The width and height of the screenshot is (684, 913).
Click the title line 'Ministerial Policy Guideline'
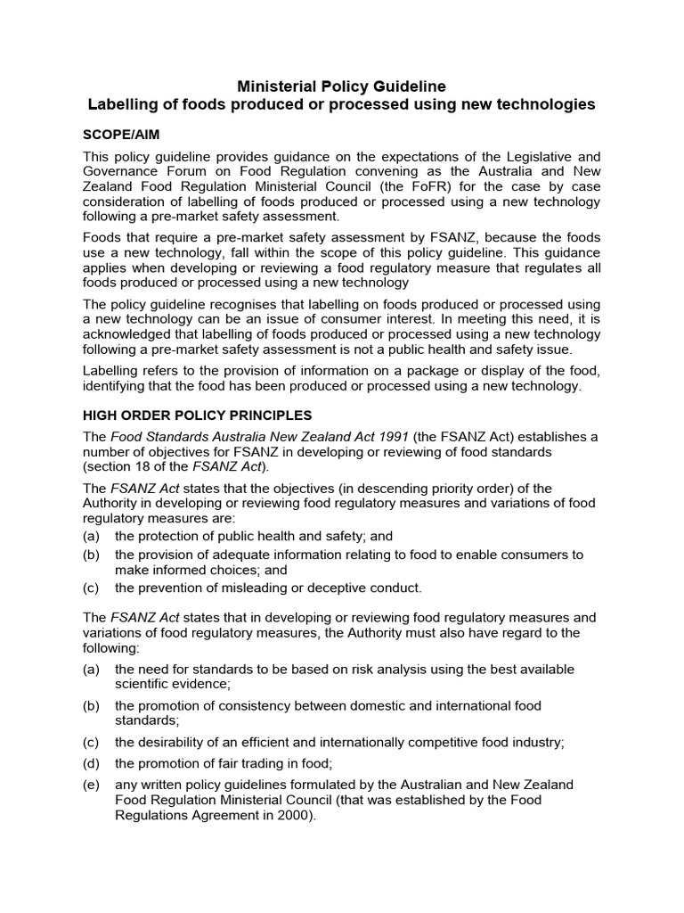click(x=341, y=86)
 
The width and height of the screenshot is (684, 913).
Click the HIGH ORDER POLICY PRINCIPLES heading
click(x=197, y=415)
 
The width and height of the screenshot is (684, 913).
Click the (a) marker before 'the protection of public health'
click(x=92, y=536)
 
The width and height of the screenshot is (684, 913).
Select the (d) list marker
click(x=92, y=763)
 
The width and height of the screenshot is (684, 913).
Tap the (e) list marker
click(x=92, y=785)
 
